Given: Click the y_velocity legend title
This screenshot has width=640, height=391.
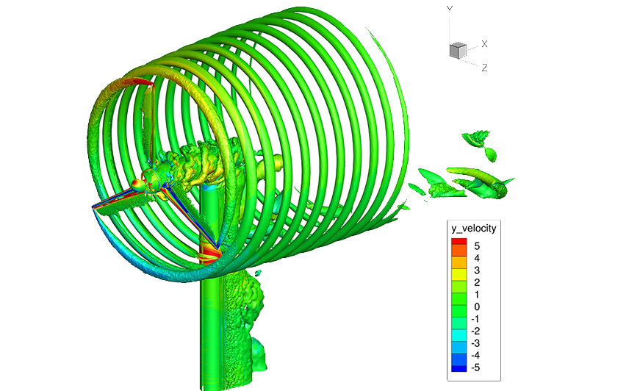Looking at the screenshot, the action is click(x=474, y=229).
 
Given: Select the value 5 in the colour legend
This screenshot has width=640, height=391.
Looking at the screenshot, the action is click(x=477, y=246).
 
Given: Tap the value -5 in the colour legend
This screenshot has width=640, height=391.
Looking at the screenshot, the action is click(x=475, y=367).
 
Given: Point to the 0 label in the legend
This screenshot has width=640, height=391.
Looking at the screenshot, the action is click(x=477, y=307).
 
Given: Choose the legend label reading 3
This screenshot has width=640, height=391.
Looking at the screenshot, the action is click(x=477, y=270).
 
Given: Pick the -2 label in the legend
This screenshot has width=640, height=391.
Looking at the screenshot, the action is click(x=475, y=331).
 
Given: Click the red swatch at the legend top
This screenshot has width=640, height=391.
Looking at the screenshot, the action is click(x=459, y=241).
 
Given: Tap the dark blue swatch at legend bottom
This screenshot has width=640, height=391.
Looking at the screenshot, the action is click(x=459, y=368).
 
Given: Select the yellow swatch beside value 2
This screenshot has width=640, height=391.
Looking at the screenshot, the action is click(x=459, y=278).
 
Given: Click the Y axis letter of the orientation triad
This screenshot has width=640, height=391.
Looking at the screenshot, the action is click(x=450, y=9).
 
